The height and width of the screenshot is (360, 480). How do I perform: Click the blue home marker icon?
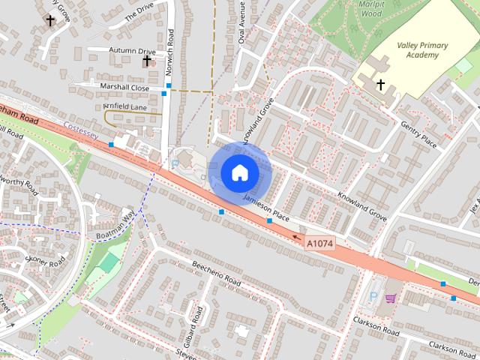[240, 173]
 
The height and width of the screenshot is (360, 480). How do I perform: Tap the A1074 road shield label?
[319, 242]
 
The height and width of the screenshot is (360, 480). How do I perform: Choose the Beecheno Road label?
[217, 274]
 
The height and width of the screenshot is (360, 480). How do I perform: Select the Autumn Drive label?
[131, 51]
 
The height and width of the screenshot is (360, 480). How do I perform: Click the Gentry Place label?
[418, 134]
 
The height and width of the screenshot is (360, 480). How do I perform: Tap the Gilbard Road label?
[197, 323]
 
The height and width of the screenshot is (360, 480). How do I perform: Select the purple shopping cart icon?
[390, 298]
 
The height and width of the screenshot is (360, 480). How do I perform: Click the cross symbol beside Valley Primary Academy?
[380, 85]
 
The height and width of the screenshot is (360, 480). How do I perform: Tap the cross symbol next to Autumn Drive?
[147, 60]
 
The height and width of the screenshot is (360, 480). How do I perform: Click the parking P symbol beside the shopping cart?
[373, 297]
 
